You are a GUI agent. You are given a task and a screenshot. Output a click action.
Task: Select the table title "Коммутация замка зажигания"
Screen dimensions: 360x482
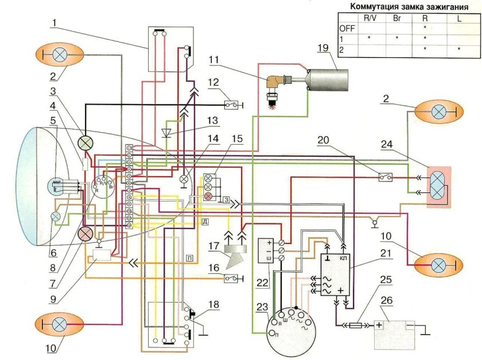pos(408,7)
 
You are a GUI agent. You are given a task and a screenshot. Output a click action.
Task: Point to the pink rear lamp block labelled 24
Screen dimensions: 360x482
pos(438,185)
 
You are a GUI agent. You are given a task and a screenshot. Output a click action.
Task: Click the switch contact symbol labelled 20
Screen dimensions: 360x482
pos(386,177)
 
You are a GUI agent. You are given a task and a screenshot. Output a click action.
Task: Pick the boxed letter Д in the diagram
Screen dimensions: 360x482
pos(205,221)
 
